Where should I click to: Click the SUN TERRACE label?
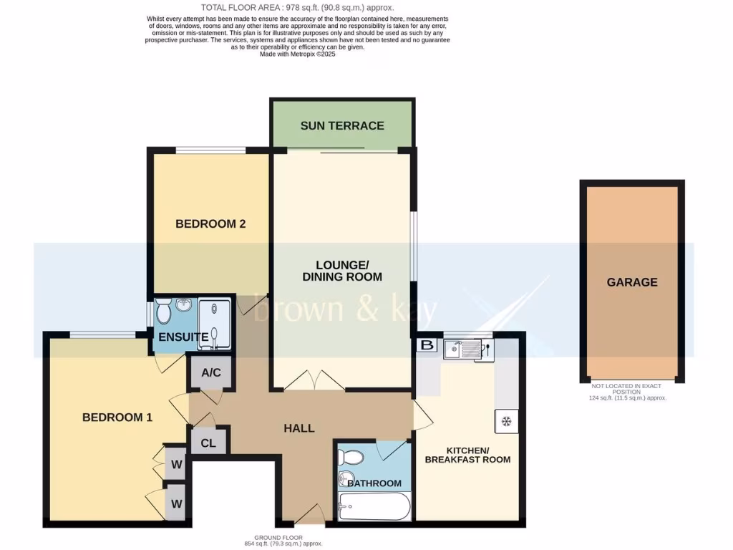[342, 126]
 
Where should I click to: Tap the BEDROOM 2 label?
[210, 224]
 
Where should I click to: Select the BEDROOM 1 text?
[117, 418]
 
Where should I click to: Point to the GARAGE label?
[632, 282]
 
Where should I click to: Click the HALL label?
[299, 428]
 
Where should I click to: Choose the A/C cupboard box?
[210, 372]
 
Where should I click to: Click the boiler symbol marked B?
[427, 345]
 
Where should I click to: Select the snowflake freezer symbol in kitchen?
[506, 420]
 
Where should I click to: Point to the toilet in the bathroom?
[351, 456]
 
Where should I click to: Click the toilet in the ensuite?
[163, 313]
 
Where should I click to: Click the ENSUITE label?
[184, 337]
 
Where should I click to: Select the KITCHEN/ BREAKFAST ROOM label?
[467, 455]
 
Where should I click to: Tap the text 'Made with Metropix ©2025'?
[297, 54]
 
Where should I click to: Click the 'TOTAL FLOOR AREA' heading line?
[297, 7]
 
